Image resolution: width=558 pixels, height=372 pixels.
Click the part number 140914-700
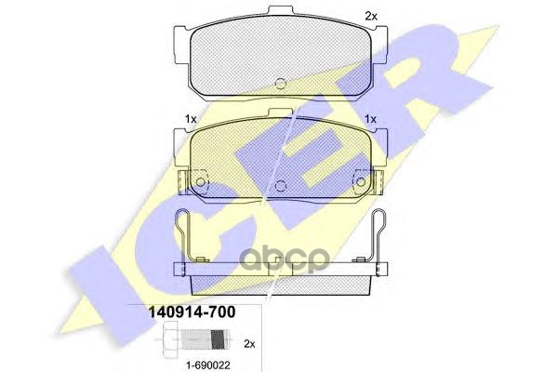pos(192,312)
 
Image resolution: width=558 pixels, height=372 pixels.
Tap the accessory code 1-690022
pos(208,365)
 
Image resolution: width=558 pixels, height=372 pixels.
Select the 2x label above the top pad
pos(371,16)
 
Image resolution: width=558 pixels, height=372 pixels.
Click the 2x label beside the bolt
pos(249,344)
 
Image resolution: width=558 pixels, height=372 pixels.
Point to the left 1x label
pos(191,119)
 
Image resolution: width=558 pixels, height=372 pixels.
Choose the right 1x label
pos(370,119)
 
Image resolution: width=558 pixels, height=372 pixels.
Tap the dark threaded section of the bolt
pos(219,340)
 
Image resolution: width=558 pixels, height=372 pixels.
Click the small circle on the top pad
pos(281,84)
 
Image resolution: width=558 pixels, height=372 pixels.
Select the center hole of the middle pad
pos(281,185)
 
